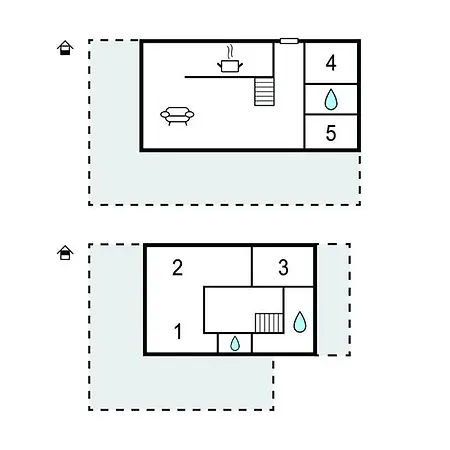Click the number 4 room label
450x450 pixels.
(x=331, y=63)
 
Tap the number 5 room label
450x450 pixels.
(x=331, y=133)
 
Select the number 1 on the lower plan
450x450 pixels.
(x=178, y=331)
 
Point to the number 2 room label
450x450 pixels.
(x=177, y=267)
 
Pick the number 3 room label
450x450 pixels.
(x=283, y=267)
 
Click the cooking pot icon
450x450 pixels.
(x=230, y=65)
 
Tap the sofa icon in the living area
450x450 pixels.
(x=177, y=116)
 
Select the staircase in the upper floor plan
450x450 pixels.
(x=264, y=92)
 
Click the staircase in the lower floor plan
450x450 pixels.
(x=269, y=323)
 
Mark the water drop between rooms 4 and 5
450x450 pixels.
(x=331, y=100)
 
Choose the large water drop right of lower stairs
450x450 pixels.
(x=300, y=322)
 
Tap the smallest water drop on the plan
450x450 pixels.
(x=235, y=344)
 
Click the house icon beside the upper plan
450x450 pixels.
(x=65, y=48)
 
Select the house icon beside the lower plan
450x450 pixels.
(x=65, y=253)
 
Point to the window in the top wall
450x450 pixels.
(x=289, y=41)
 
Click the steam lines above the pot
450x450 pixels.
(x=230, y=52)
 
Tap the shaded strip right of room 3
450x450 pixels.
(x=333, y=299)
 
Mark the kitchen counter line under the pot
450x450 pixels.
(x=229, y=77)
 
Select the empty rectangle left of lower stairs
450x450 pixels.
(x=230, y=310)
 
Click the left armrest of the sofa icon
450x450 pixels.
(x=165, y=115)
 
